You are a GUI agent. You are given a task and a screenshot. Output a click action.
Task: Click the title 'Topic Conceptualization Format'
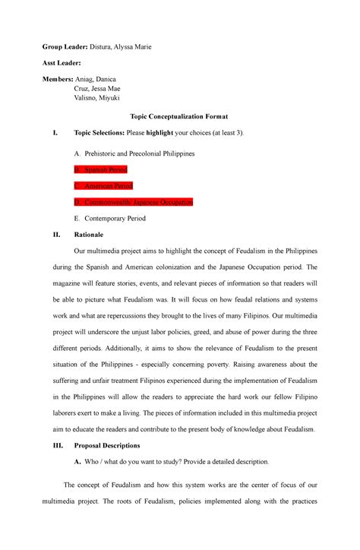(179, 116)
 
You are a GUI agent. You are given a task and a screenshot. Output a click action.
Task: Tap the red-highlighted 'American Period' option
(109, 185)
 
